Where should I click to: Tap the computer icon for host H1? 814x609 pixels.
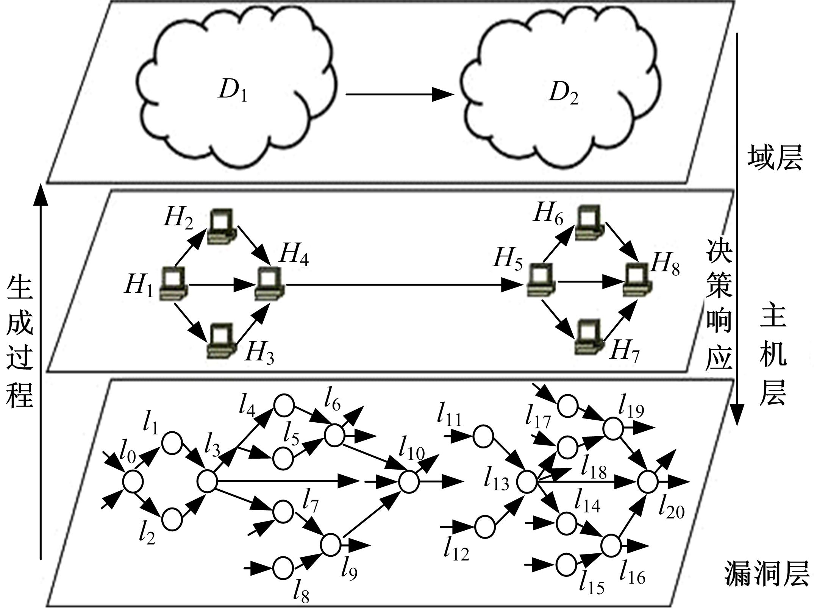click(x=173, y=284)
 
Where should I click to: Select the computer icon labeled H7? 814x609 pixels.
click(x=588, y=337)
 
